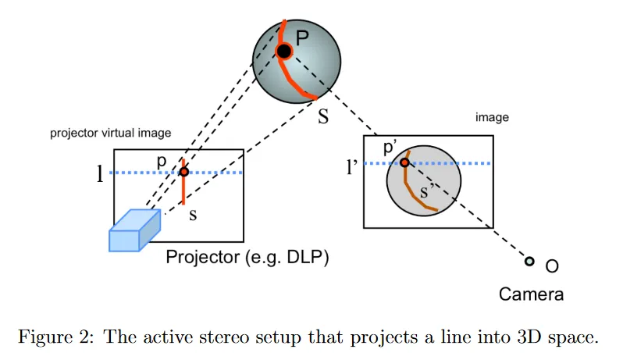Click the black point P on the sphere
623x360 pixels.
pos(284,52)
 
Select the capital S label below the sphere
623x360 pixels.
pos(323,118)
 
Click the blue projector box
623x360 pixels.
pos(133,231)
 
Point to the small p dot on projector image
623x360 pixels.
pos(183,172)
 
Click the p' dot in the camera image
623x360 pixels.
pos(404,162)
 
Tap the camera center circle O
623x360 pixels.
pos(529,262)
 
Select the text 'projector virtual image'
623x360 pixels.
pos(110,133)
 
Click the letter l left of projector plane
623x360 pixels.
pos(99,173)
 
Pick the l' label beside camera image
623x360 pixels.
pos(352,166)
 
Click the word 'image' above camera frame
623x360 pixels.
pos(492,118)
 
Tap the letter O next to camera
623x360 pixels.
pos(552,267)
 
